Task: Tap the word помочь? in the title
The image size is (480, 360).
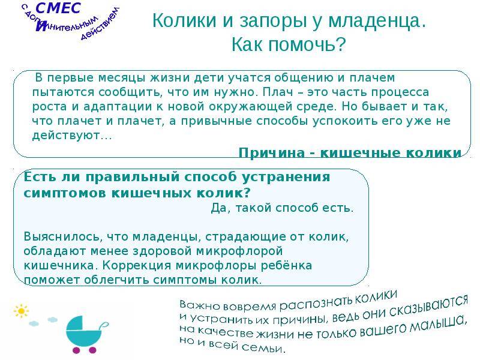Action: (x=307, y=44)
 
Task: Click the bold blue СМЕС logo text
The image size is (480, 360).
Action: (x=58, y=8)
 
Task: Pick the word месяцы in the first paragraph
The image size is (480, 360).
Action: (x=122, y=78)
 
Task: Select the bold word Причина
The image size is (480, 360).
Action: (x=272, y=152)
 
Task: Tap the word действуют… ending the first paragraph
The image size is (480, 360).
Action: (x=72, y=136)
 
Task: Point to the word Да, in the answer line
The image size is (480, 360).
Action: (x=219, y=208)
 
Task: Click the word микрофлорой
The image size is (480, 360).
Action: (x=239, y=251)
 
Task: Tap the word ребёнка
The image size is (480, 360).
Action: (x=286, y=265)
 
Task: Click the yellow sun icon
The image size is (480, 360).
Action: (x=21, y=311)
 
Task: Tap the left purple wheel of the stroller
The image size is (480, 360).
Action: (x=76, y=350)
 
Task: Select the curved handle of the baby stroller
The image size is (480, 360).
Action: (x=104, y=325)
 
